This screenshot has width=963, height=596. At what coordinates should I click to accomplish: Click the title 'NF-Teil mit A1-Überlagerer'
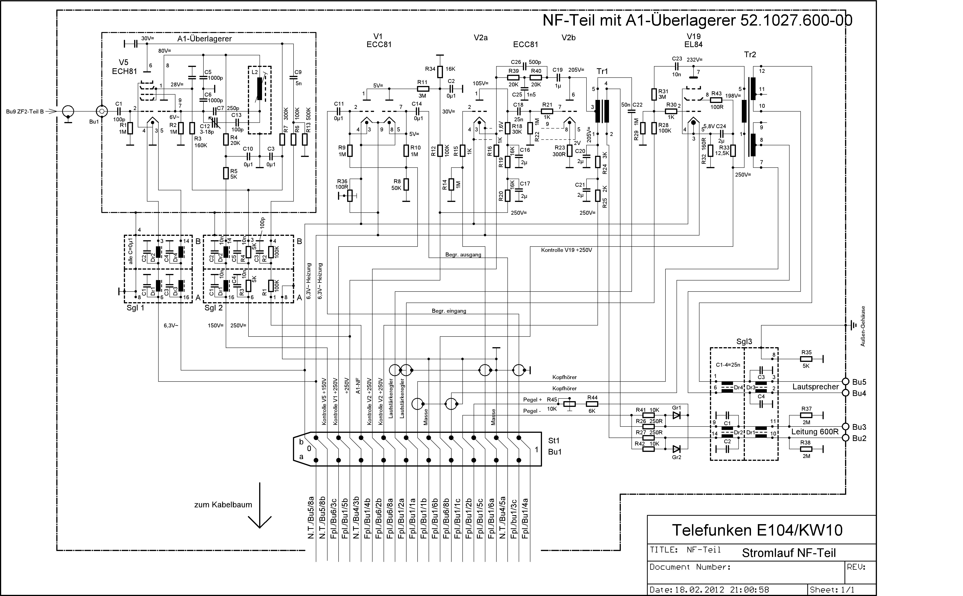(x=639, y=21)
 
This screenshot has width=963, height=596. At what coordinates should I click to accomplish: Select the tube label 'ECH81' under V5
(x=125, y=71)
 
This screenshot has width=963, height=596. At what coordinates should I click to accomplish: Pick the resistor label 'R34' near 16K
(x=430, y=69)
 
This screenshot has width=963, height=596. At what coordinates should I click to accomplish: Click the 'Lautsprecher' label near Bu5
(x=815, y=387)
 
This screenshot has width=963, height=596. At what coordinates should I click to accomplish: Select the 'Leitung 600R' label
(x=815, y=432)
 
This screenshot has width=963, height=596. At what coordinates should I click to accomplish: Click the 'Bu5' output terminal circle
(x=845, y=382)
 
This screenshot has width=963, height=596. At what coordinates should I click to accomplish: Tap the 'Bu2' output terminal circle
(x=845, y=438)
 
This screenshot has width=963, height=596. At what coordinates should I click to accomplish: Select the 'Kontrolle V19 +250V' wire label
(x=566, y=250)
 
